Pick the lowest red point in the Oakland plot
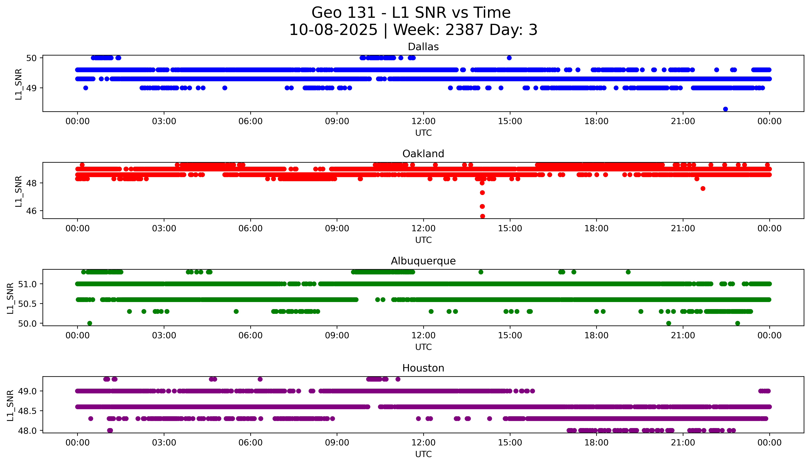482,216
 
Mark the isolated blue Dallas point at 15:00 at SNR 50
509,58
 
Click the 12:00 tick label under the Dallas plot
423,121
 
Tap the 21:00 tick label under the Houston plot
683,443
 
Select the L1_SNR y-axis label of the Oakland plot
19,191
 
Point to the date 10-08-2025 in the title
333,30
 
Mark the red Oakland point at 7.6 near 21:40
703,188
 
